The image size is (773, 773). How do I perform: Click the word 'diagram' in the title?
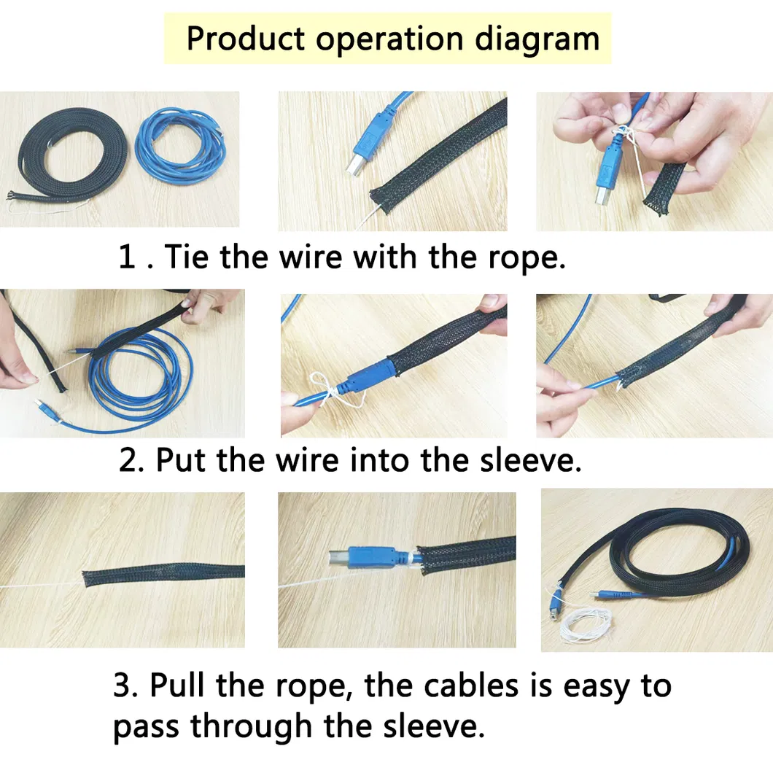click(537, 38)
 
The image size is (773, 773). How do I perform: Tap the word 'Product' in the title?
click(245, 38)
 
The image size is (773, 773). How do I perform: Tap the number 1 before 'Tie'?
click(127, 257)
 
